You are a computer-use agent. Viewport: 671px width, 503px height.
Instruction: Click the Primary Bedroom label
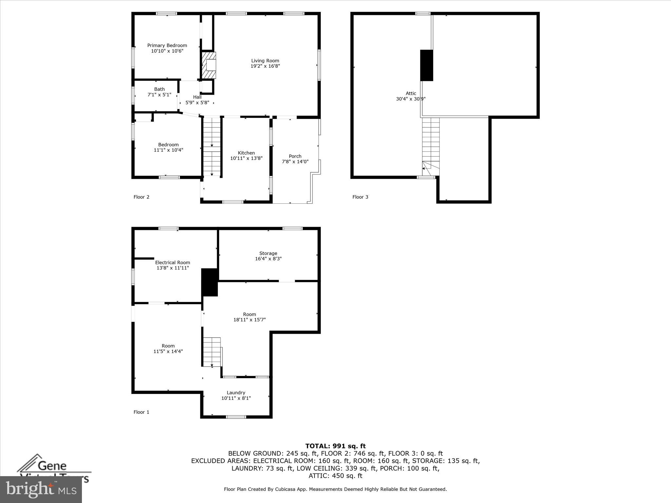[x=167, y=46]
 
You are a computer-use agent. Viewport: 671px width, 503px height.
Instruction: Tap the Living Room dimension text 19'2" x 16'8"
[x=265, y=66]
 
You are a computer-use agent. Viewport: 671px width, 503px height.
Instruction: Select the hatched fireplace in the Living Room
[x=209, y=65]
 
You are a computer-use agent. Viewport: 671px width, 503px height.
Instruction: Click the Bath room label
[x=159, y=89]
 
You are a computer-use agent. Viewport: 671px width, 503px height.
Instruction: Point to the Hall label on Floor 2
[x=197, y=97]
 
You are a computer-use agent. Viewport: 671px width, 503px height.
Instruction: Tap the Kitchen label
[x=246, y=153]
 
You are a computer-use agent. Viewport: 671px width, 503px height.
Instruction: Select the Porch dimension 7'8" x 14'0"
[x=295, y=162]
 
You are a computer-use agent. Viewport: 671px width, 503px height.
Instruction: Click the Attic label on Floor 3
[x=411, y=93]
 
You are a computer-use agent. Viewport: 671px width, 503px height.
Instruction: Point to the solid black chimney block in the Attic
[x=427, y=65]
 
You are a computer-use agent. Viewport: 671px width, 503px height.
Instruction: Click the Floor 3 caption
[x=360, y=197]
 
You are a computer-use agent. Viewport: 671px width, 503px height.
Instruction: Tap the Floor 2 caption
[x=141, y=197]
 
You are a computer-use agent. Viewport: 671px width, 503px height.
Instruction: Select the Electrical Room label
[x=172, y=262]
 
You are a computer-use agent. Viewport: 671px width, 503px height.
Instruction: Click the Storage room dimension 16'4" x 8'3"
[x=268, y=259]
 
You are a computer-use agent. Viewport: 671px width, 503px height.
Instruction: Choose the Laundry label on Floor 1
[x=236, y=393]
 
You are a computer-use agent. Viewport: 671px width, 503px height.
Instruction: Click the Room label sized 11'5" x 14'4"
[x=168, y=346]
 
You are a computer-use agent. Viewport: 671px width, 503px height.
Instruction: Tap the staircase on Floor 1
[x=212, y=352]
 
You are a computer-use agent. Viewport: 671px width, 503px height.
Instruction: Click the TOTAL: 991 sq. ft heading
[x=335, y=446]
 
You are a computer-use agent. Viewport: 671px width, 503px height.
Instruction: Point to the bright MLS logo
[x=41, y=489]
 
